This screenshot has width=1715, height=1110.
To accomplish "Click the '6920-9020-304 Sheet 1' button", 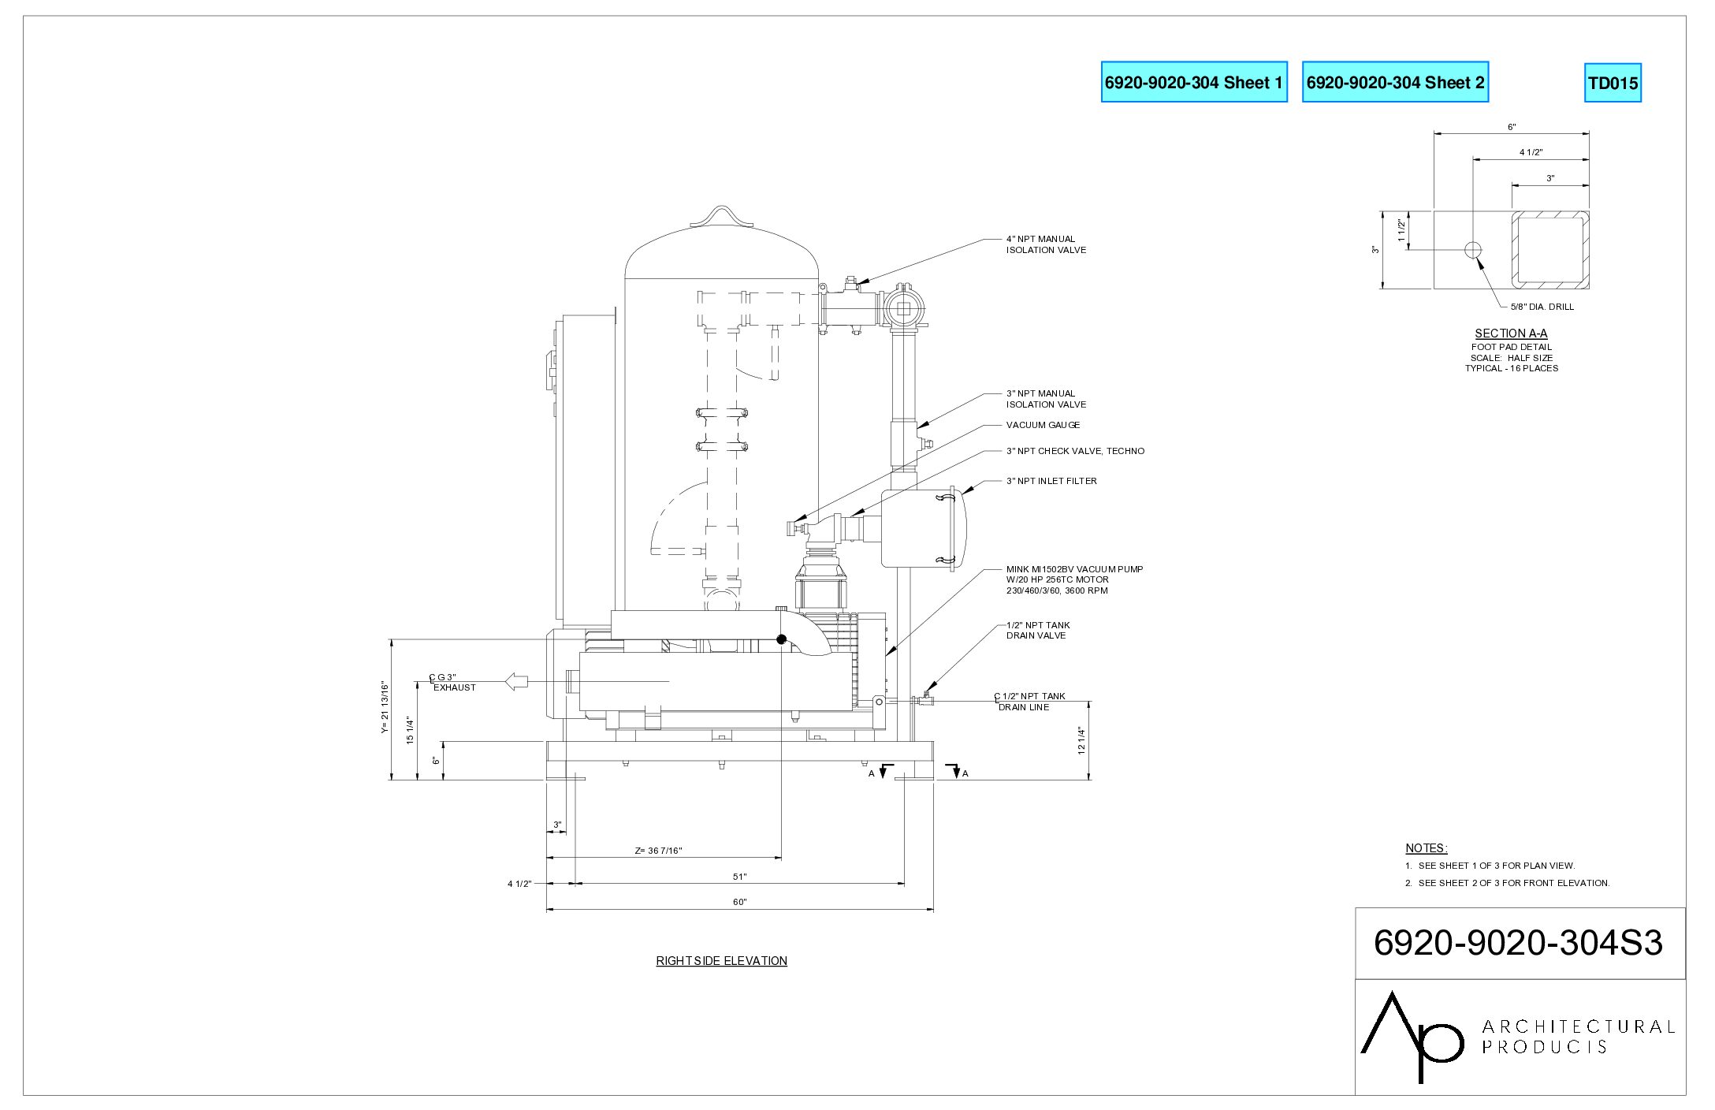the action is click(x=1193, y=82).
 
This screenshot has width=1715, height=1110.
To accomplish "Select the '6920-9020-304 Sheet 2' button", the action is click(x=1395, y=82).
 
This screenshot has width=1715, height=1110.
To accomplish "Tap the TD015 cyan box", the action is click(x=1613, y=83).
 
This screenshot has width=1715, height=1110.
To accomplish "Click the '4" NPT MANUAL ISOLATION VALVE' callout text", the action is click(x=1046, y=244).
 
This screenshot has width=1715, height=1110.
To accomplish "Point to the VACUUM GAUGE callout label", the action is click(x=1043, y=425).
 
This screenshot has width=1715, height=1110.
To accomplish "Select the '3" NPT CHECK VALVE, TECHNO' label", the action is click(x=1075, y=451).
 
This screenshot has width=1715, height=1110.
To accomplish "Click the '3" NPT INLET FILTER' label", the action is click(x=1051, y=481).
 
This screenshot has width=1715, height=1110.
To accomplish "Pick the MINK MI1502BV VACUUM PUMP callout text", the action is click(x=1074, y=579).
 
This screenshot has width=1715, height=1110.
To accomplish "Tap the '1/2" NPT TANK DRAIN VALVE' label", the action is click(x=1038, y=630).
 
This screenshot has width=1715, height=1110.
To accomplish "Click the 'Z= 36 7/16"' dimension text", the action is click(x=658, y=851).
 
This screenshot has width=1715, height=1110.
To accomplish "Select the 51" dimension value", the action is click(x=739, y=877).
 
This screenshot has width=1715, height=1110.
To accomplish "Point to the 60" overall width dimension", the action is click(x=739, y=902).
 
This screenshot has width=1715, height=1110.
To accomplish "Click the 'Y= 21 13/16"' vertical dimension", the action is click(x=385, y=707).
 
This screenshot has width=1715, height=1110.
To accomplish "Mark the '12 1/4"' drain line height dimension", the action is click(x=1081, y=740).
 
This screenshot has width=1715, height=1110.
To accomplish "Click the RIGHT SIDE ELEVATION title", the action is click(x=721, y=960).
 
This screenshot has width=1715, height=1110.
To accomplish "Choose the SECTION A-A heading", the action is click(x=1511, y=333).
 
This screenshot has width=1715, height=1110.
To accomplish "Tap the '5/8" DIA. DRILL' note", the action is click(x=1542, y=307).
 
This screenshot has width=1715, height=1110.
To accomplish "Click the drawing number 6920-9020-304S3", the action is click(x=1518, y=943).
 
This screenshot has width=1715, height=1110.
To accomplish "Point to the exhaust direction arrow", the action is click(x=516, y=681).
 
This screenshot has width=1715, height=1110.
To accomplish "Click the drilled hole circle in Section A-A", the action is click(x=1472, y=250).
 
